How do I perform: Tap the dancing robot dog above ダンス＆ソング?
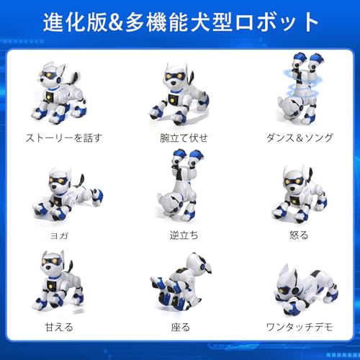click(297, 86)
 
